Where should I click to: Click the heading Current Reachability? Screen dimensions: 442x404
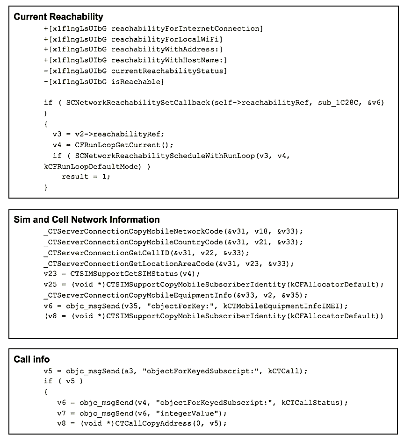[58, 17]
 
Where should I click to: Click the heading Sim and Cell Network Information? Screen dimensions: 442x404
[87, 220]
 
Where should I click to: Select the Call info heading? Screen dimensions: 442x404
[32, 359]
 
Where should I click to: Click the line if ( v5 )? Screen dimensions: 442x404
[63, 382]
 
